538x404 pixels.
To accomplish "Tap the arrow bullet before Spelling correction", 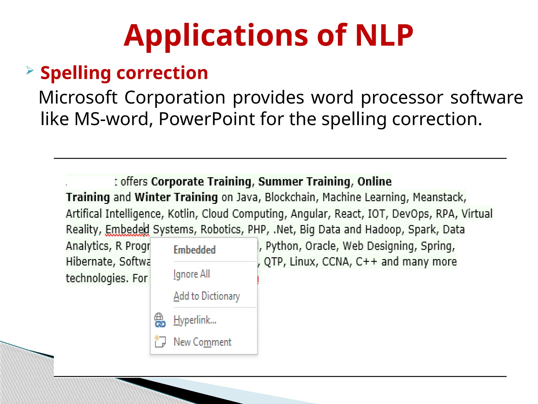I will click(x=30, y=70).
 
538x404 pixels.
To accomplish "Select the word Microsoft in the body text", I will click(x=78, y=97).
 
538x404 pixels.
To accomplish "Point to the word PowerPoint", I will click(x=207, y=119).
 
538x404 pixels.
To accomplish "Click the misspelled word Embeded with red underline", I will click(x=127, y=229).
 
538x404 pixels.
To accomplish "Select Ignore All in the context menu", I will click(x=192, y=274).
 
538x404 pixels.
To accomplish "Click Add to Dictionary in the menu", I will click(x=207, y=296).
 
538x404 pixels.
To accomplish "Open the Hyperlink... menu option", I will click(x=195, y=320).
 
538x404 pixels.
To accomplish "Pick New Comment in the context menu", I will click(x=203, y=342).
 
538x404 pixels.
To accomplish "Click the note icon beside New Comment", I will click(x=160, y=341).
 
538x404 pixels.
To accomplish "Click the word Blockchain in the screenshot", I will click(x=290, y=197).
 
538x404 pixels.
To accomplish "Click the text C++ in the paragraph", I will click(x=366, y=262).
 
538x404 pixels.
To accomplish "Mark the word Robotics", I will click(x=221, y=229).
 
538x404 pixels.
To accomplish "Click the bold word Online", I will click(x=374, y=181).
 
